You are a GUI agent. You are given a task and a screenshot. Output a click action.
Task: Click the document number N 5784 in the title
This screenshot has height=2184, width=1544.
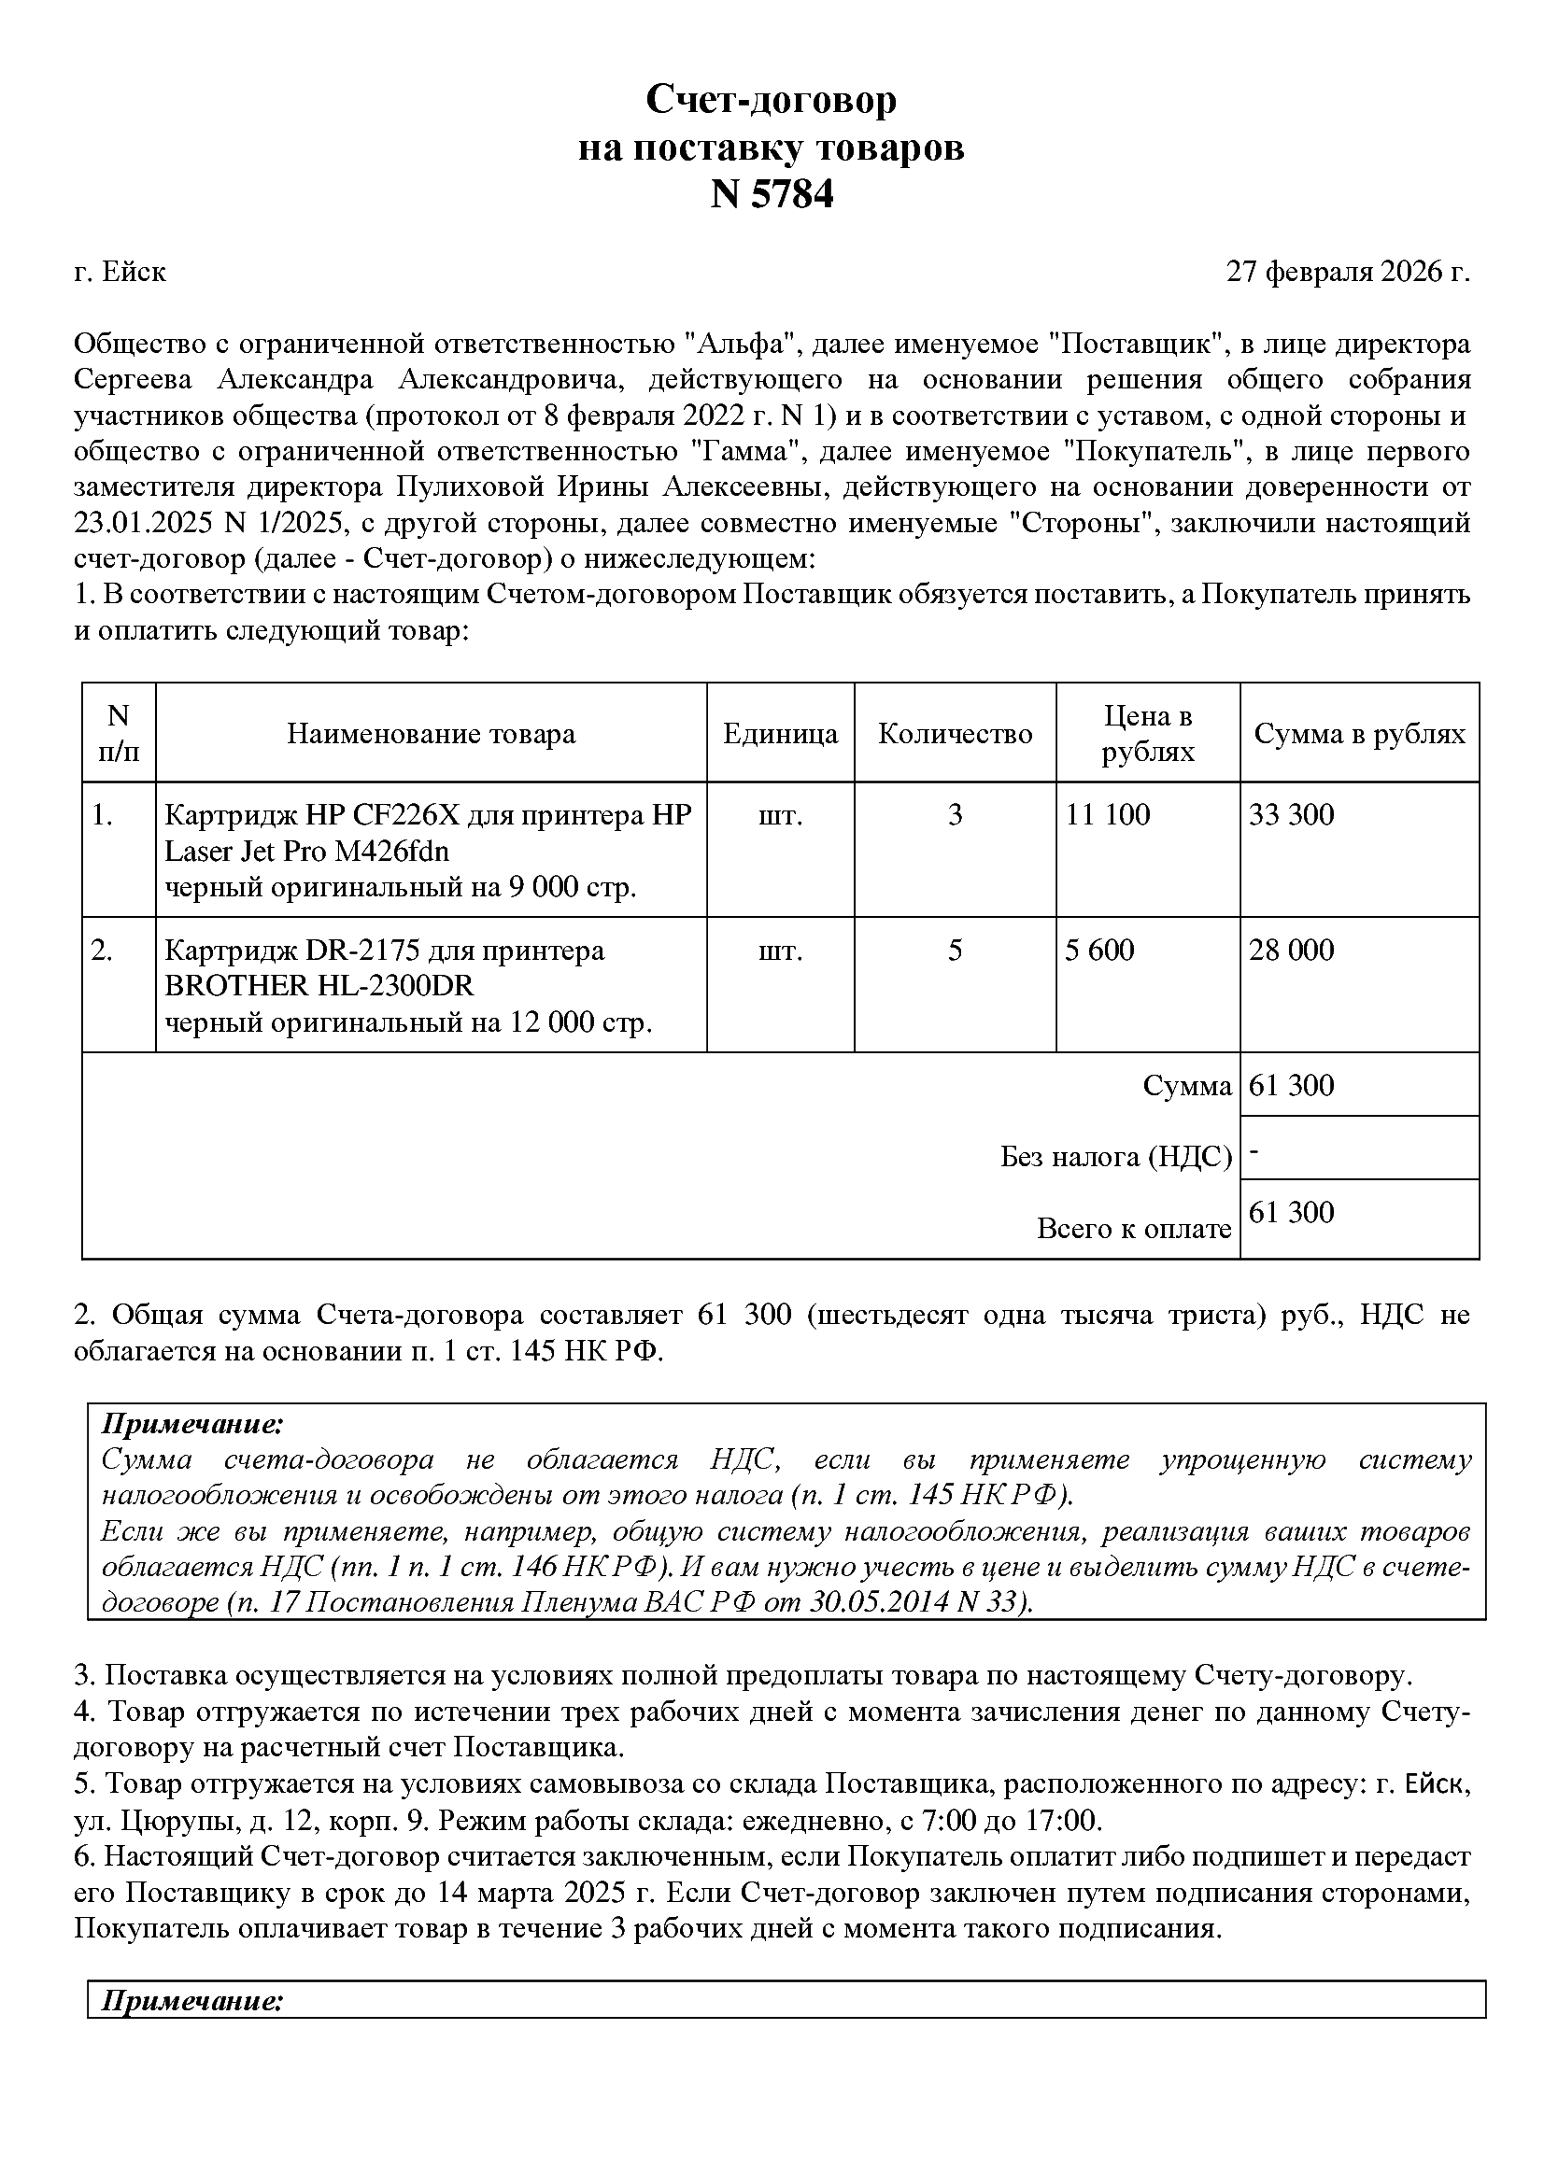tap(772, 195)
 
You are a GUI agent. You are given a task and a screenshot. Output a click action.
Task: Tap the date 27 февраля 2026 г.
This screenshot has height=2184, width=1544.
tap(1347, 272)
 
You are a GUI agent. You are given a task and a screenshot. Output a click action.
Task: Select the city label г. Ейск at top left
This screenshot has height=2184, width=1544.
tap(120, 272)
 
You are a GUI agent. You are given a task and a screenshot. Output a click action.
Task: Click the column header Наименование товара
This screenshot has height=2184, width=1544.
tap(431, 733)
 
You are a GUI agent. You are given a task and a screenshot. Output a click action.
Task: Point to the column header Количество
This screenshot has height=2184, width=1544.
tap(955, 733)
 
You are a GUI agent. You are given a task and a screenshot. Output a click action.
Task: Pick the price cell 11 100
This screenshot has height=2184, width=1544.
tap(1108, 814)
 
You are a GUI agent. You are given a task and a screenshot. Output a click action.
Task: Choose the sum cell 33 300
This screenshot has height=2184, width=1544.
tap(1291, 814)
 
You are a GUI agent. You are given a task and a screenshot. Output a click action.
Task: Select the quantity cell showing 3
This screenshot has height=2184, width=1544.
tap(956, 814)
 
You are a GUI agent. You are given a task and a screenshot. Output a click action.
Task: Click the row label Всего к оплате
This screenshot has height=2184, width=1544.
tap(1133, 1229)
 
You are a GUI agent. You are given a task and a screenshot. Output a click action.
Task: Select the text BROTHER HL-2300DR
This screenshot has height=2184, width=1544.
tap(319, 985)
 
